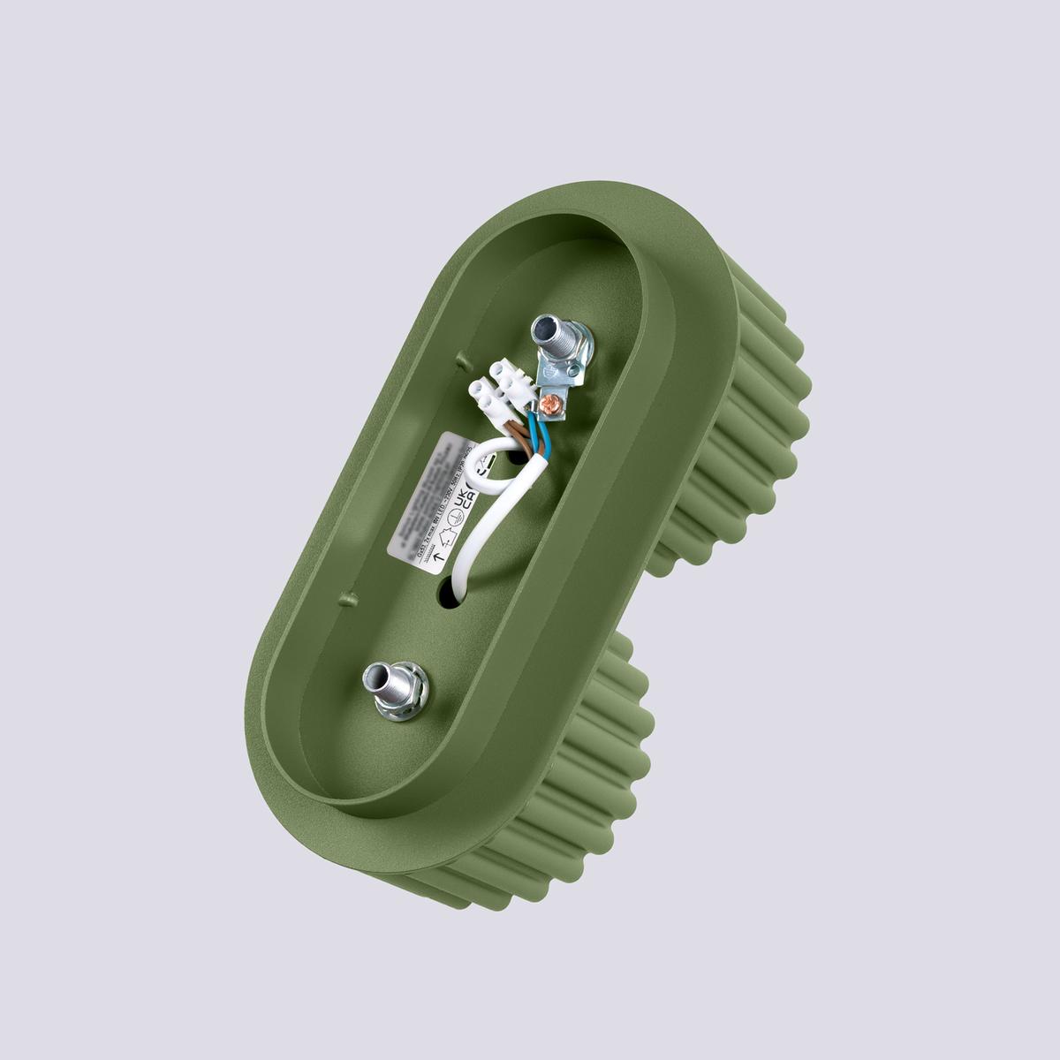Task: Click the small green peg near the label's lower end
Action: coord(344,598)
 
